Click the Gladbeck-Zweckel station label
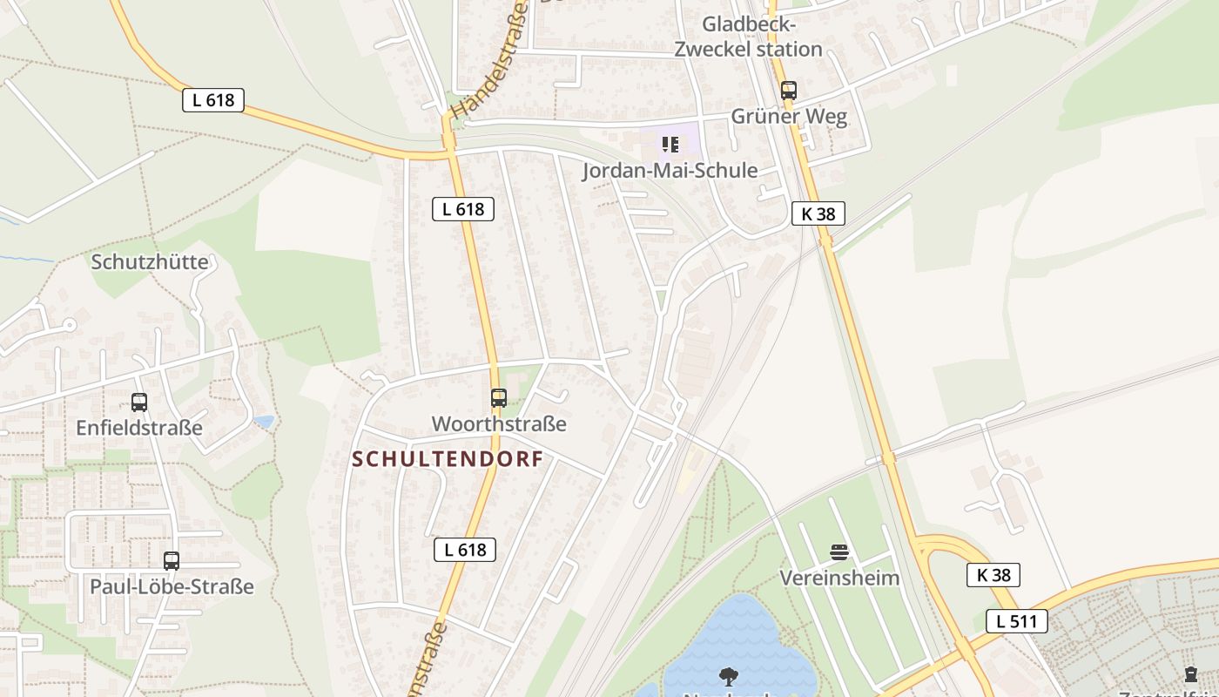click(x=749, y=36)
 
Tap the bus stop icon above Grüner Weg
click(x=788, y=90)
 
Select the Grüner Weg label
click(x=789, y=117)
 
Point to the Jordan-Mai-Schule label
click(x=670, y=170)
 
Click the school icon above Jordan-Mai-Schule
click(x=670, y=144)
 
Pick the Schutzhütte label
click(x=150, y=261)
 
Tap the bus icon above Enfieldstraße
click(x=139, y=403)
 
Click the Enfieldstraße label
click(x=139, y=428)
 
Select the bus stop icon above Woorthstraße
click(x=499, y=398)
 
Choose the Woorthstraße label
click(x=499, y=424)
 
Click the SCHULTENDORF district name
click(x=448, y=459)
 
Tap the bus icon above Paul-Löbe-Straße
click(x=172, y=561)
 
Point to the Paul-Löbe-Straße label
click(x=172, y=586)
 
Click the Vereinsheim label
click(x=839, y=578)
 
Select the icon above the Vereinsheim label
click(x=839, y=552)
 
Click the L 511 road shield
click(x=1016, y=621)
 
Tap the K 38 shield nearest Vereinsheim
click(x=993, y=575)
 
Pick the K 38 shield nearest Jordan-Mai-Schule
click(x=818, y=213)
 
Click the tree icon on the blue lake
click(x=728, y=676)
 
